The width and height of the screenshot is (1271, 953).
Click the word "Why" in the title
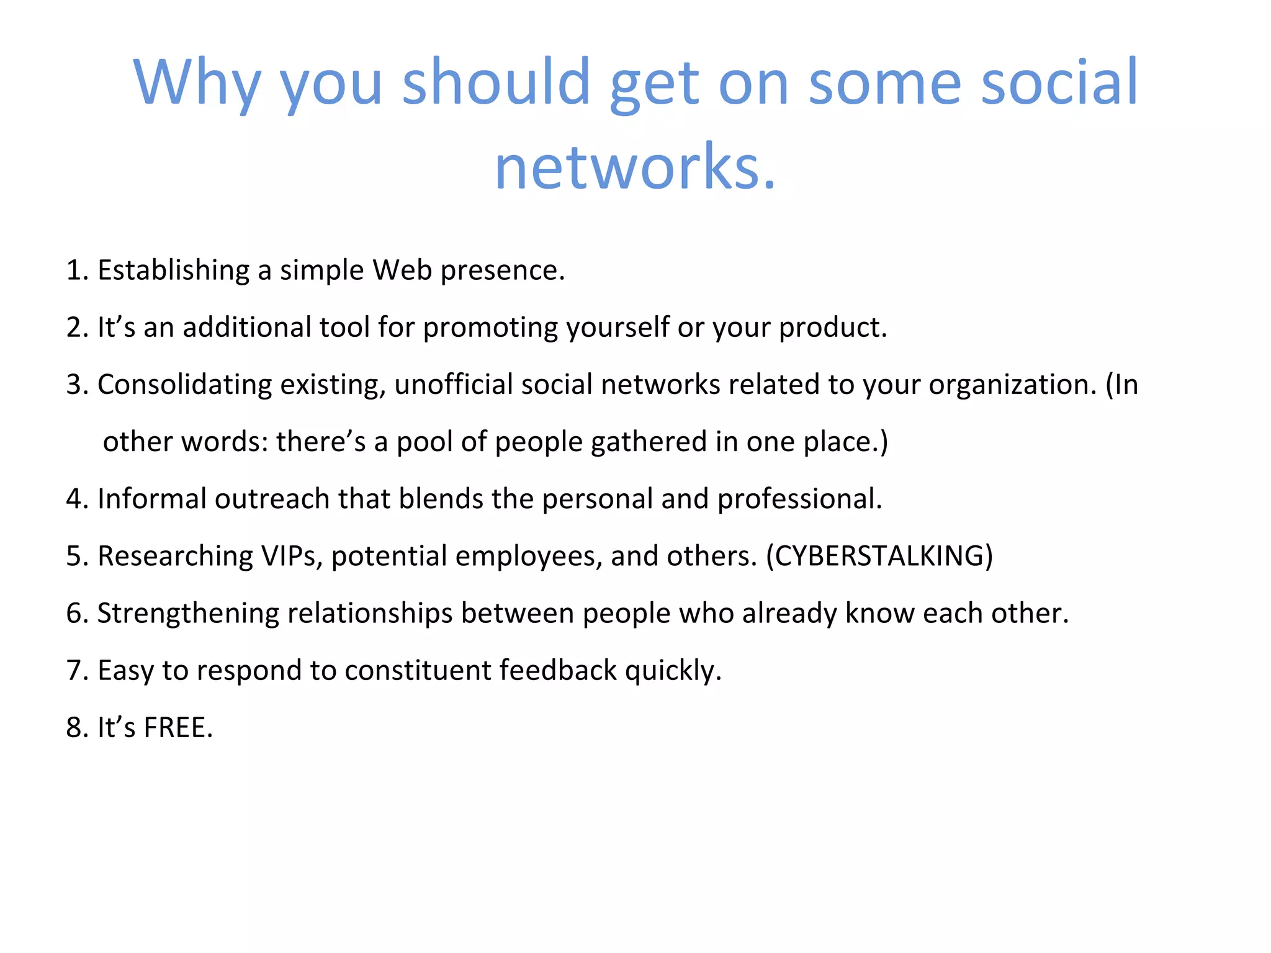tap(197, 83)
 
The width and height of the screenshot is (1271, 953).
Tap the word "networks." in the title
tap(635, 167)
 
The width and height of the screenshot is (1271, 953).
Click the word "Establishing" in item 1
tap(173, 271)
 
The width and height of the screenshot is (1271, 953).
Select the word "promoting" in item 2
tap(490, 328)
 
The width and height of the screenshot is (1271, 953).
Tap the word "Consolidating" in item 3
tap(184, 385)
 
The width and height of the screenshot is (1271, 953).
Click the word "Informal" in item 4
tap(151, 499)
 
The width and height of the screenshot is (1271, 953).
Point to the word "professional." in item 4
tap(799, 499)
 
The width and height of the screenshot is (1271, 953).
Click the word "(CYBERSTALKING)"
tap(879, 556)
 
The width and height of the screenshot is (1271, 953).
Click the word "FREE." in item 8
tap(178, 728)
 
